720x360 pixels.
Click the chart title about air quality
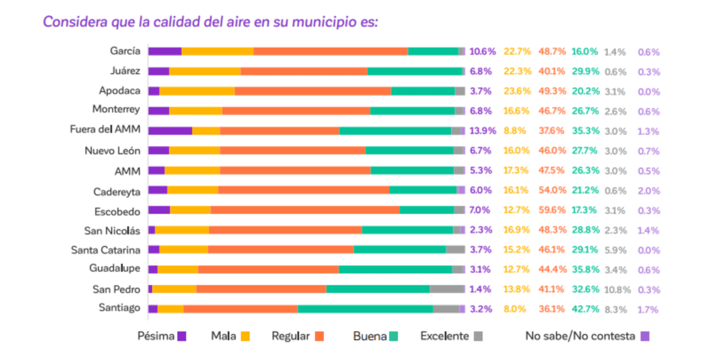click(210, 22)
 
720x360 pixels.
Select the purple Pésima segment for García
click(165, 51)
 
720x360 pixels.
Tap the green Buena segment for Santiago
click(365, 309)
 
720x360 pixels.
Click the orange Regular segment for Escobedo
click(305, 210)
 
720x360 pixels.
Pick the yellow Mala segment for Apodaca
click(197, 91)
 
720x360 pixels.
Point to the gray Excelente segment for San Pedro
click(447, 289)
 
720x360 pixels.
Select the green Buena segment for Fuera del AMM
click(395, 131)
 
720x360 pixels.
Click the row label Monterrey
click(116, 109)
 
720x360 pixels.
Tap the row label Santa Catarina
click(106, 250)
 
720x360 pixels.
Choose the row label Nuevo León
click(112, 151)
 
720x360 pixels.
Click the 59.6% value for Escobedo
click(552, 210)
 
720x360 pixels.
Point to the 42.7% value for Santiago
click(585, 309)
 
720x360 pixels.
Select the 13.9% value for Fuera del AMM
click(483, 131)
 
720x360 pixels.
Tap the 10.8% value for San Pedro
click(617, 290)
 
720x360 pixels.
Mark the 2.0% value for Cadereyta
click(649, 191)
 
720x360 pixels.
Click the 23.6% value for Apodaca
click(517, 91)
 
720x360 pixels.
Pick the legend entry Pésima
click(162, 336)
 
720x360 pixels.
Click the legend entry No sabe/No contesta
click(587, 336)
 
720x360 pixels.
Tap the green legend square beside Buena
click(394, 336)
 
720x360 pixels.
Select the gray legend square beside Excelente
click(478, 336)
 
